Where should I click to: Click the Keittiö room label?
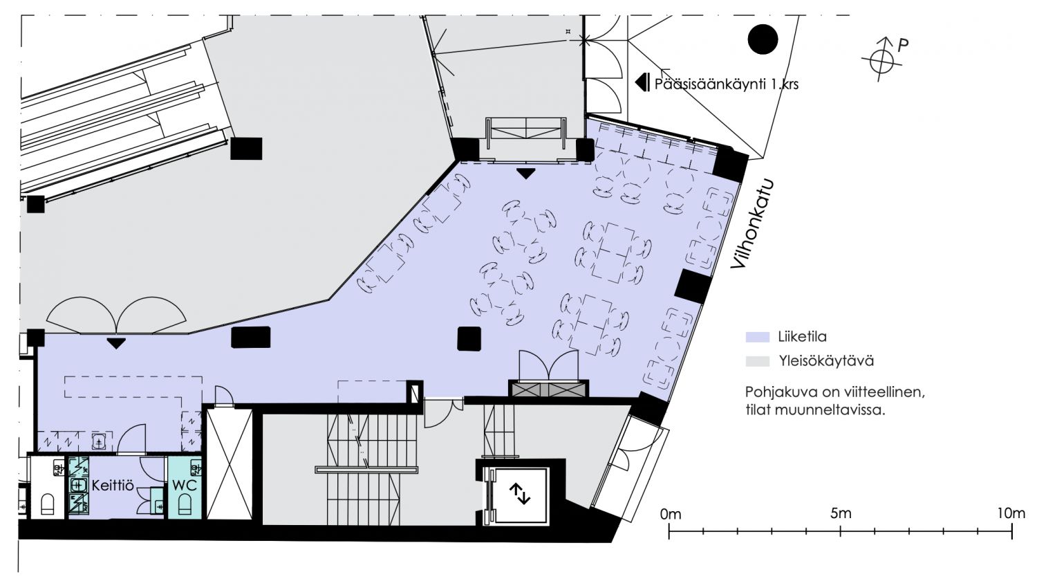pyautogui.click(x=113, y=486)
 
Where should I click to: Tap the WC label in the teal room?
pyautogui.click(x=185, y=486)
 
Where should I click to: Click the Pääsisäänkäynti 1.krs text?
pyautogui.click(x=727, y=84)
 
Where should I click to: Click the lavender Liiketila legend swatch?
pyautogui.click(x=758, y=337)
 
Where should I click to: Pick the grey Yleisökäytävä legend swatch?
pyautogui.click(x=758, y=361)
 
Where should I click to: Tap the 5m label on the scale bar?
pyautogui.click(x=841, y=513)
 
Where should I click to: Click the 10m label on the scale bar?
pyautogui.click(x=1011, y=513)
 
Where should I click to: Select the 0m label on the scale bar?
pyautogui.click(x=671, y=514)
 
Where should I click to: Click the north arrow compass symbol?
pyautogui.click(x=881, y=59)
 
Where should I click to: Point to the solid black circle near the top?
pyautogui.click(x=763, y=39)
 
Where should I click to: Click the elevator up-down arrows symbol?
pyautogui.click(x=519, y=494)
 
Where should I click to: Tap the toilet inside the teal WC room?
pyautogui.click(x=185, y=504)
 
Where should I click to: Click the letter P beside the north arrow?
pyautogui.click(x=903, y=46)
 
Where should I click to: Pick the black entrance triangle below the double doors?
pyautogui.click(x=115, y=343)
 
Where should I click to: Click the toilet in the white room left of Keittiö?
pyautogui.click(x=48, y=504)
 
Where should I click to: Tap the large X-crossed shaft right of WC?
pyautogui.click(x=229, y=464)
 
